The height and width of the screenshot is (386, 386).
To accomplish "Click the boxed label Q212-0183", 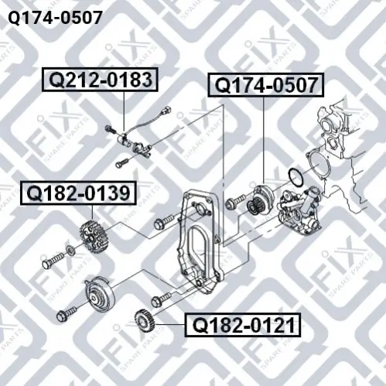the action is click(100, 80).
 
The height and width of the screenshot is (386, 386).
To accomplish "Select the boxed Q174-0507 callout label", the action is click(266, 85).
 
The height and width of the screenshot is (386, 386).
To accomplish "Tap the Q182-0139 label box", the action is click(78, 193).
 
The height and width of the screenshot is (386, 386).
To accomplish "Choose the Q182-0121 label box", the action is click(243, 325).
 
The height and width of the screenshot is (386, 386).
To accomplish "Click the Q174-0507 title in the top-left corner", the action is click(55, 18).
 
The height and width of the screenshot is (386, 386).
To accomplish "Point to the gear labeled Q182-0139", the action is click(94, 237).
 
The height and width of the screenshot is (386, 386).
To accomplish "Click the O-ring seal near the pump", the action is click(296, 177).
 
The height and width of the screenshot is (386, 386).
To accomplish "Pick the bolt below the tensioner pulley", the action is click(67, 313).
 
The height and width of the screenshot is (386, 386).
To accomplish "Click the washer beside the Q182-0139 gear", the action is click(70, 250).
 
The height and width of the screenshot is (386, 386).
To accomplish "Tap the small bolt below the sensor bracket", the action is click(124, 162).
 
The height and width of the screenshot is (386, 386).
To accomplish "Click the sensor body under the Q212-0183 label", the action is click(124, 138).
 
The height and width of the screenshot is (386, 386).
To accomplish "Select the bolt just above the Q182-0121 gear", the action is click(161, 299).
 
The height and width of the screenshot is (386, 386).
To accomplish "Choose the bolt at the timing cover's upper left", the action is click(165, 222).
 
